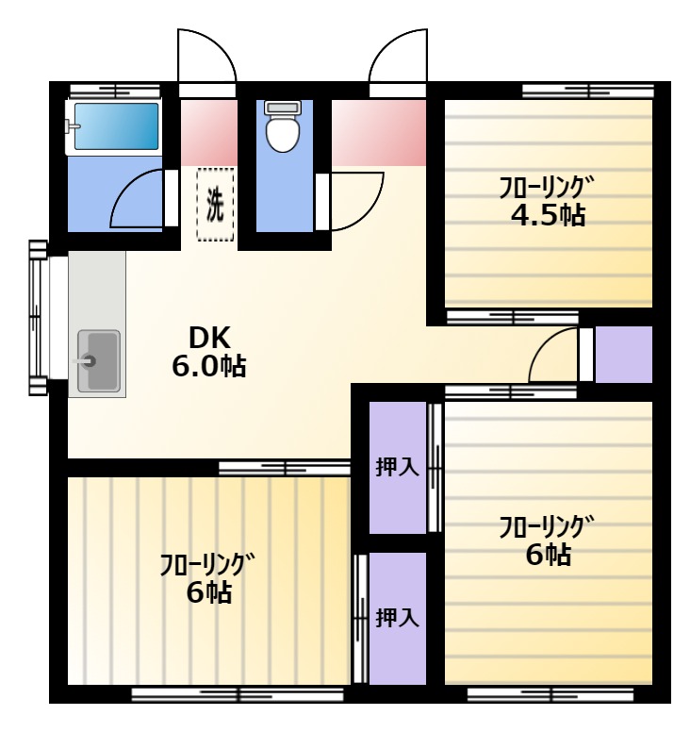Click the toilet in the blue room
282,126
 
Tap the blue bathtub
116,126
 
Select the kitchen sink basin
98,360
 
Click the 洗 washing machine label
215,204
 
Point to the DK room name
209,338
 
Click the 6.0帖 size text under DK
209,366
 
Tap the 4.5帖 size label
548,215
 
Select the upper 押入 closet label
398,467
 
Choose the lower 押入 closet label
398,618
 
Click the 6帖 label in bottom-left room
209,593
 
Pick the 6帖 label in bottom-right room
549,555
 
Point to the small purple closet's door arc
542,341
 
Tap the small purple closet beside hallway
624,355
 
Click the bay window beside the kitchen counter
40,318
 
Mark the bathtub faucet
74,125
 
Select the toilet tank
282,108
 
